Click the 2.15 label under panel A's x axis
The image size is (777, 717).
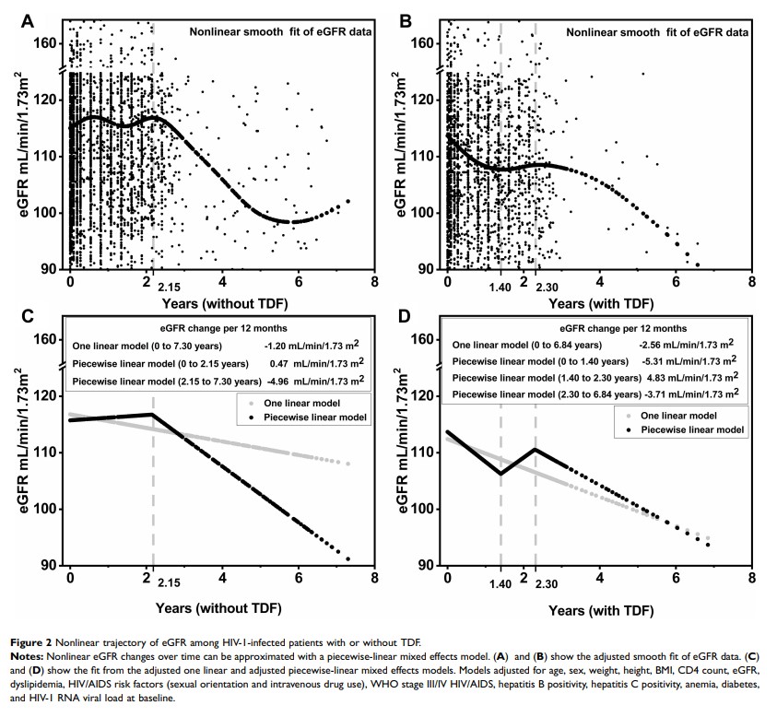[169, 287]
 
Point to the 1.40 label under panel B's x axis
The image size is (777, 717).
[500, 287]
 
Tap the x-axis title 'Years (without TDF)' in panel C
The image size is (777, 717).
[221, 608]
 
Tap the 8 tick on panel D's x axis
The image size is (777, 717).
[752, 577]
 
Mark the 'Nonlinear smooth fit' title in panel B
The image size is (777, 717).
[656, 31]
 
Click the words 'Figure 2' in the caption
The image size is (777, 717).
[29, 641]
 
